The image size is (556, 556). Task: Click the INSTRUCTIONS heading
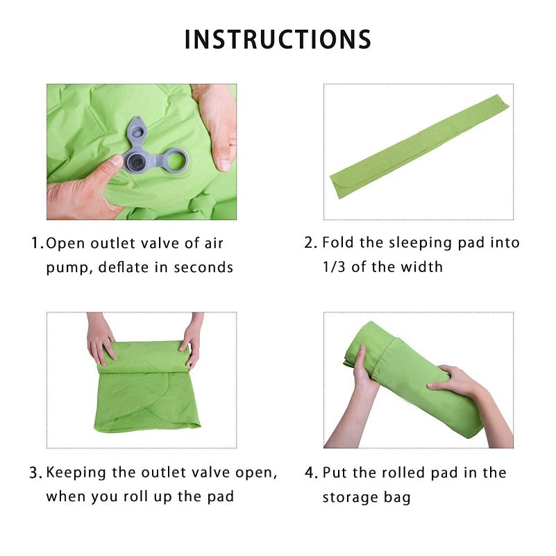pos(278,40)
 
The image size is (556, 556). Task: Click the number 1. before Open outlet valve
pos(37,244)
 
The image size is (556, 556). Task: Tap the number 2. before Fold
pos(311,243)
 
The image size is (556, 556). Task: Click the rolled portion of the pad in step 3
pos(144,357)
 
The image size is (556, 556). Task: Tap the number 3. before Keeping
pos(35,473)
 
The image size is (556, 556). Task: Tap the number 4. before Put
pos(311,473)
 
